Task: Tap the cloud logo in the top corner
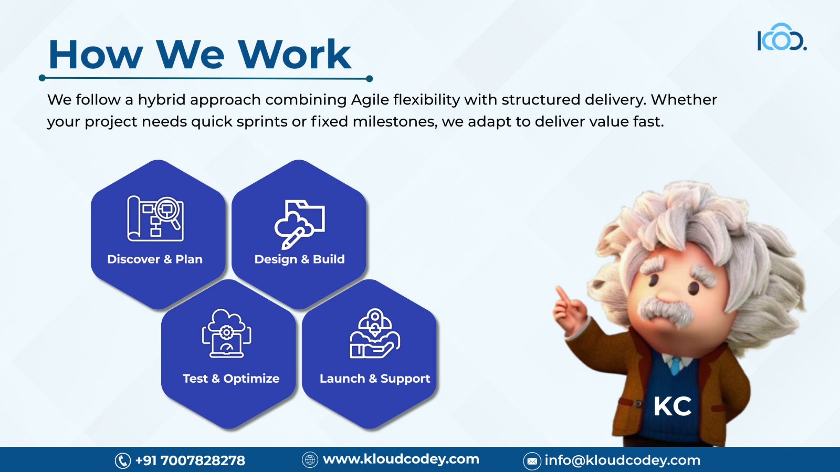click(x=782, y=37)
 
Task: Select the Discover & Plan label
click(x=155, y=259)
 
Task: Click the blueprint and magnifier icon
click(x=155, y=219)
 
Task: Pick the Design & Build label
click(x=299, y=259)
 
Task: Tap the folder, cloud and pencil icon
click(x=299, y=224)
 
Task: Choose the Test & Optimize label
click(x=231, y=378)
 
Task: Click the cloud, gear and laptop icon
click(x=226, y=333)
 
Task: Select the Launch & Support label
click(x=375, y=379)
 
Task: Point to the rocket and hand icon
click(x=375, y=334)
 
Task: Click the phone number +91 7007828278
click(x=190, y=460)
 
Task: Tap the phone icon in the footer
click(x=123, y=461)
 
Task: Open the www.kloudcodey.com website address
click(x=401, y=459)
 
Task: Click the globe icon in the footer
click(x=310, y=460)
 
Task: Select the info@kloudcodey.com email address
click(x=622, y=460)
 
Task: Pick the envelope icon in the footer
click(x=532, y=462)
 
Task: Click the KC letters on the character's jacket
click(x=672, y=406)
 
